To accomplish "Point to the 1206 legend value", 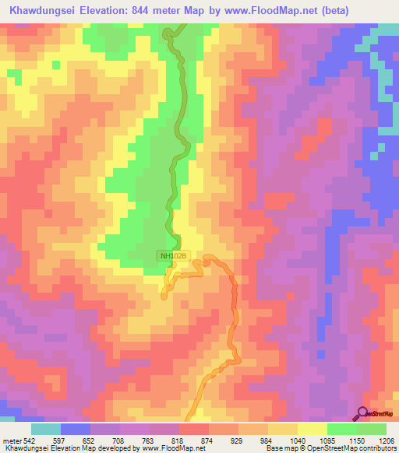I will pyautogui.click(x=387, y=441).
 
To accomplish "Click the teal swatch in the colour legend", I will pyautogui.click(x=46, y=429).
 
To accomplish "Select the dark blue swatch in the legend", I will pyautogui.click(x=76, y=429).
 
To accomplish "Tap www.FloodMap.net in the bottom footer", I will pyautogui.click(x=167, y=449).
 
